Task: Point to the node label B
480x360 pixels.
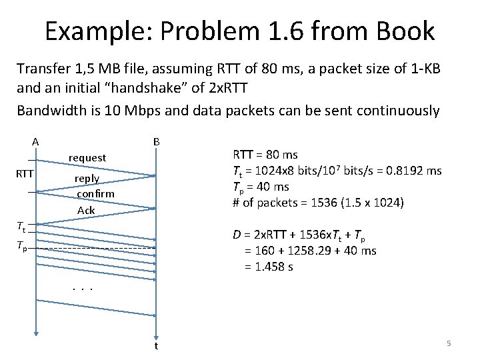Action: click(x=156, y=141)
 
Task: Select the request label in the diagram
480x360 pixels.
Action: click(x=87, y=157)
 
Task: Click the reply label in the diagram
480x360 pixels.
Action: click(x=87, y=179)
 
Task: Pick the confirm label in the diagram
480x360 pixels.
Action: click(x=95, y=193)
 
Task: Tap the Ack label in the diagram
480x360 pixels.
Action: click(x=86, y=210)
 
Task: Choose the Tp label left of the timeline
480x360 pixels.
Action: click(x=22, y=246)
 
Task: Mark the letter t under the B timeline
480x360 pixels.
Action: click(x=156, y=346)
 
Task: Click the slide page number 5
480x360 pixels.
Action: click(x=449, y=343)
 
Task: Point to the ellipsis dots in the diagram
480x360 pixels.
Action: click(x=82, y=289)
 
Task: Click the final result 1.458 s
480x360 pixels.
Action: click(x=277, y=267)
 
